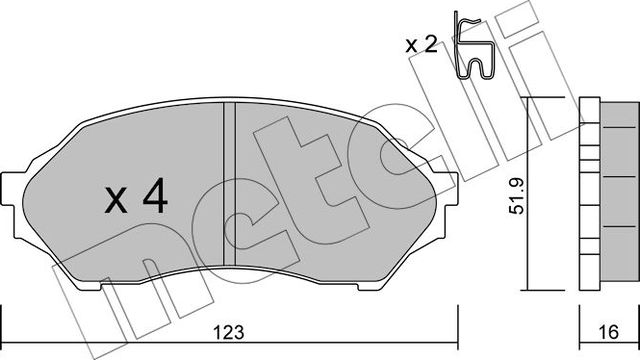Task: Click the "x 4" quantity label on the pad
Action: tap(136, 200)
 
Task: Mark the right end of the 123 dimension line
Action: tap(455, 312)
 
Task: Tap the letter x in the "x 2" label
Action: tap(412, 45)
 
